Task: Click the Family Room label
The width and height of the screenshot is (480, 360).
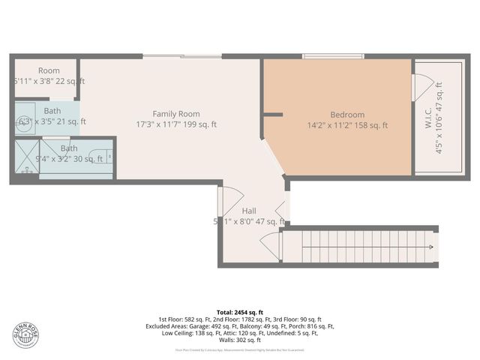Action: pyautogui.click(x=176, y=113)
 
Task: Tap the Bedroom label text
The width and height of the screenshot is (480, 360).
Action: pyautogui.click(x=347, y=115)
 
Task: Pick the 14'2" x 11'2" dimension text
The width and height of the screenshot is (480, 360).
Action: pyautogui.click(x=347, y=126)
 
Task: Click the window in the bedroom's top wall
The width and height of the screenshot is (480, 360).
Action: pyautogui.click(x=333, y=56)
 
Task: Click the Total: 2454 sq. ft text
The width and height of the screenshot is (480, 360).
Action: pyautogui.click(x=240, y=311)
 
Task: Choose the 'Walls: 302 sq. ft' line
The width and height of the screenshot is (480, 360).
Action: pyautogui.click(x=240, y=340)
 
